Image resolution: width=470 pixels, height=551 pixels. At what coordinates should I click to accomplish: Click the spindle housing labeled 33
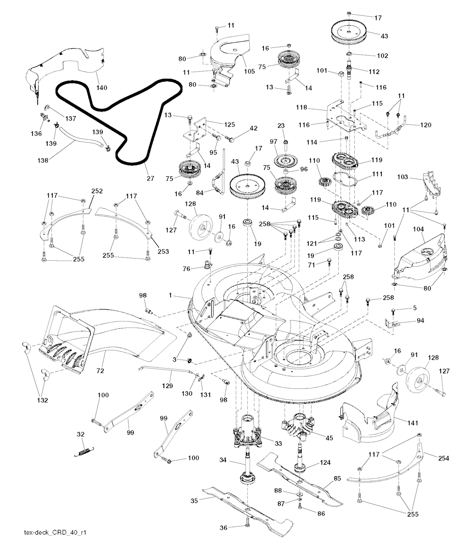point(248,431)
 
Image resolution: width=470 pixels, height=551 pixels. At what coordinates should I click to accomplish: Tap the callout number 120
point(426,124)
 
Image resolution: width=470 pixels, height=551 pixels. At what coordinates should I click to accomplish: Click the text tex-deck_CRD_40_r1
point(55,533)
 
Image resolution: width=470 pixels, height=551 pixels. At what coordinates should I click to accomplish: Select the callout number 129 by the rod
point(169,386)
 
